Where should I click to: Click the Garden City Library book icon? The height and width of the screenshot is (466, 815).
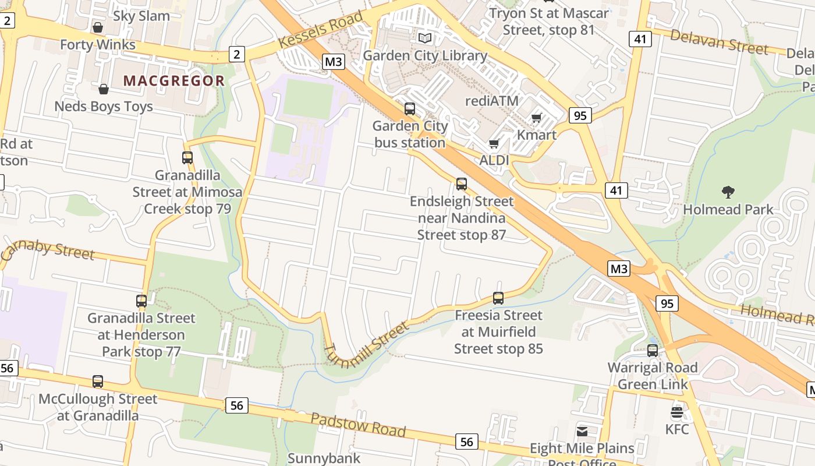click(x=425, y=38)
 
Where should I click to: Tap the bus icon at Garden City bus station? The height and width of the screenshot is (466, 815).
click(x=410, y=108)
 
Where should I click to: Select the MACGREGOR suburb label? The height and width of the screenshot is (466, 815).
click(x=174, y=81)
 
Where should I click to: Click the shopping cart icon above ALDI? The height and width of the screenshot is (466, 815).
click(x=494, y=143)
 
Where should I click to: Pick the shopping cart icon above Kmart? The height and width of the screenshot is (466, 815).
click(x=537, y=118)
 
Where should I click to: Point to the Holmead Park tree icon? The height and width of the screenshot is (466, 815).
click(x=728, y=192)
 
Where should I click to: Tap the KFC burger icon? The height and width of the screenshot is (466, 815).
click(x=676, y=412)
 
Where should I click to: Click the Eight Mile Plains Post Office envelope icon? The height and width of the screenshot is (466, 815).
click(x=582, y=432)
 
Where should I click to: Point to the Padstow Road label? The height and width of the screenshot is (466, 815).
click(x=357, y=424)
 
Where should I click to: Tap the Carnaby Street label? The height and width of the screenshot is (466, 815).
click(x=48, y=250)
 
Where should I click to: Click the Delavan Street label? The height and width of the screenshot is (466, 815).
click(x=719, y=41)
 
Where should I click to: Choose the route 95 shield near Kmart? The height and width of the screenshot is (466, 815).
click(x=580, y=115)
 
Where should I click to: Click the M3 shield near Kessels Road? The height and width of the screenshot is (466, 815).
click(x=333, y=61)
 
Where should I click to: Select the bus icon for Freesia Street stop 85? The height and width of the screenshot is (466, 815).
click(x=498, y=298)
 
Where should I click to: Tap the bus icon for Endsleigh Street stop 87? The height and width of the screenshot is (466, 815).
click(x=462, y=184)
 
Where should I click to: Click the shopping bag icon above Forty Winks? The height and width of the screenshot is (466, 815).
click(x=98, y=27)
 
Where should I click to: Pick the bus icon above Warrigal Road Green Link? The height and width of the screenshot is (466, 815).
click(x=653, y=350)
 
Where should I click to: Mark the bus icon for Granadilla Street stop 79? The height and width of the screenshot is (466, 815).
click(x=187, y=157)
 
